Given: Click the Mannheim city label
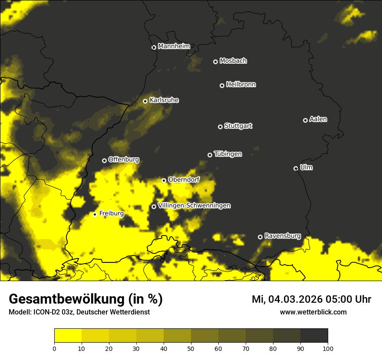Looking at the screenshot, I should point(174,46).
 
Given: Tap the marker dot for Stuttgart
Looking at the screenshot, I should point(220,127).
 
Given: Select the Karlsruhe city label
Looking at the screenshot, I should point(164,100).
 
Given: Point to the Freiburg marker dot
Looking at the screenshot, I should point(95,214).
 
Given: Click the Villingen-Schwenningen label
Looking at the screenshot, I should point(194,206).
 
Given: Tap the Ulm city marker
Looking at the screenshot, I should point(296,168).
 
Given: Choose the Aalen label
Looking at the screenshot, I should point(318,119).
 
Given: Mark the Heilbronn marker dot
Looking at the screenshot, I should point(222,85).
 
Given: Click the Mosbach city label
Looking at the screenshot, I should point(233,61).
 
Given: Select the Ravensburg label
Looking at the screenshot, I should point(282,236).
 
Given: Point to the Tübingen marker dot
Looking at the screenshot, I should point(210,155).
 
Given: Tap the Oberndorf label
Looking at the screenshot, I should point(184,180).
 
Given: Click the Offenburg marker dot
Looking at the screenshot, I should point(104,160).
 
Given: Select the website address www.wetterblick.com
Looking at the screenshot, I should point(313,312).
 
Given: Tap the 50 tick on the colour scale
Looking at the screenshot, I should point(191,348).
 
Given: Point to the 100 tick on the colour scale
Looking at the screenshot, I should point(328,348).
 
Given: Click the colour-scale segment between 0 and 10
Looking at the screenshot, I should point(68,336).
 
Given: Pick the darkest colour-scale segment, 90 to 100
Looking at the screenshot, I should point(314,336).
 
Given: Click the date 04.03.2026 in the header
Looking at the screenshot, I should point(295,299).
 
